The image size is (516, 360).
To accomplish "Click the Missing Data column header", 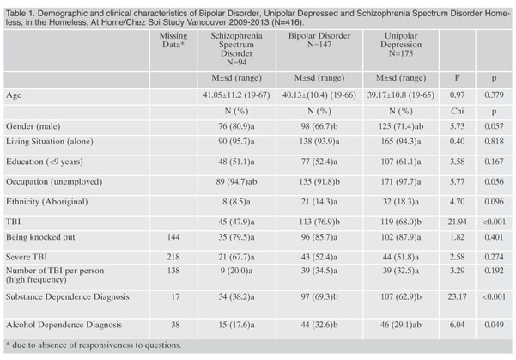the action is pos(173,40).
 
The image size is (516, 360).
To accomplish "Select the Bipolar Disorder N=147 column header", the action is pos(319,40).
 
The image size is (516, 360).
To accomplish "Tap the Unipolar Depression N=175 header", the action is pos(401,45).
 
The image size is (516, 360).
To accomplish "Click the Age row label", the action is pos(14,95).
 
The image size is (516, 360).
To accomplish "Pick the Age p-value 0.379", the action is pos(494,95).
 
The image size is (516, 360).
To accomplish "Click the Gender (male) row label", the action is pos(33,126).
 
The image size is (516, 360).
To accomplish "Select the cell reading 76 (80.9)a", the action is pos(236,126).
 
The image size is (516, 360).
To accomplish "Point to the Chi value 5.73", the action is pos(457,126).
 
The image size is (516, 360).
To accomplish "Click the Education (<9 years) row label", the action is pos(45,162).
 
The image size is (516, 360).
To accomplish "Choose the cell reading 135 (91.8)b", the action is pos(319,182).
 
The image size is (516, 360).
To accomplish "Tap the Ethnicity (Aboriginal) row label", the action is pos(46,202).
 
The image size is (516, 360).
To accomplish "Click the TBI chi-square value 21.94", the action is pos(457,222).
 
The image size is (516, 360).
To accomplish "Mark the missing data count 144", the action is pos(173,237).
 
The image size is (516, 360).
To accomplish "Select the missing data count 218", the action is pos(173,257).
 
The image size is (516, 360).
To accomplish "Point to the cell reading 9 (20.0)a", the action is pos(236,271).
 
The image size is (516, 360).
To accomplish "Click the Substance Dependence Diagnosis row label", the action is pos(68,296).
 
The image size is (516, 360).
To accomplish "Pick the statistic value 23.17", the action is pos(457,296).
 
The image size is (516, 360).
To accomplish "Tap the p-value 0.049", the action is pos(494,325).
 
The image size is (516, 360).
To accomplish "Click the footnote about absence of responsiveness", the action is pos(94,345).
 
